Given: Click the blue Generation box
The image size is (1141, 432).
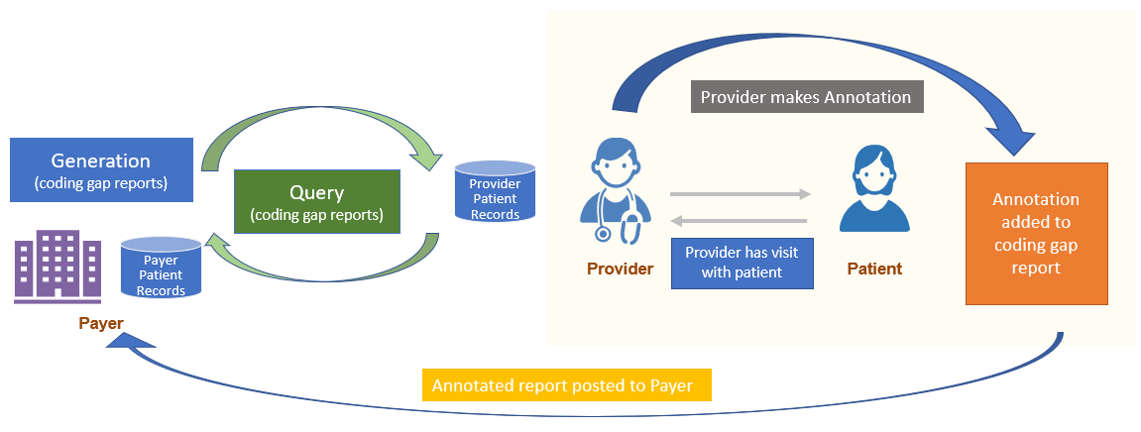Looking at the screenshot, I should coord(100,169).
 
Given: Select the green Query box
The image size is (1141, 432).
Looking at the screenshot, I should coord(316,201).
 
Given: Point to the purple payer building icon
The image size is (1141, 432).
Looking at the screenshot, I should coord(57,266).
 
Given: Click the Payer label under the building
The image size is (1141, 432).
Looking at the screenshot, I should coord(101,324).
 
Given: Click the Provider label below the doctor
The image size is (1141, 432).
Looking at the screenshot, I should coord(620,269).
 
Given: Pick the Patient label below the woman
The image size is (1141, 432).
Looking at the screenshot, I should coord(873,269).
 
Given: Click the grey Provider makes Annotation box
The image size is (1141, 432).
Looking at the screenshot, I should coord(805,97).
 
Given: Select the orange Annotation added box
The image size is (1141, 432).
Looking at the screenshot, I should coord(1036,234).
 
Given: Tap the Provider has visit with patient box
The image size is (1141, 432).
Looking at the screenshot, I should coord(742,263).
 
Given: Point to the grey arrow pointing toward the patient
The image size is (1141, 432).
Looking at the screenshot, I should coord(740,195).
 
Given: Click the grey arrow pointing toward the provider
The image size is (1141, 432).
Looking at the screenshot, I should coord(740,220).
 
